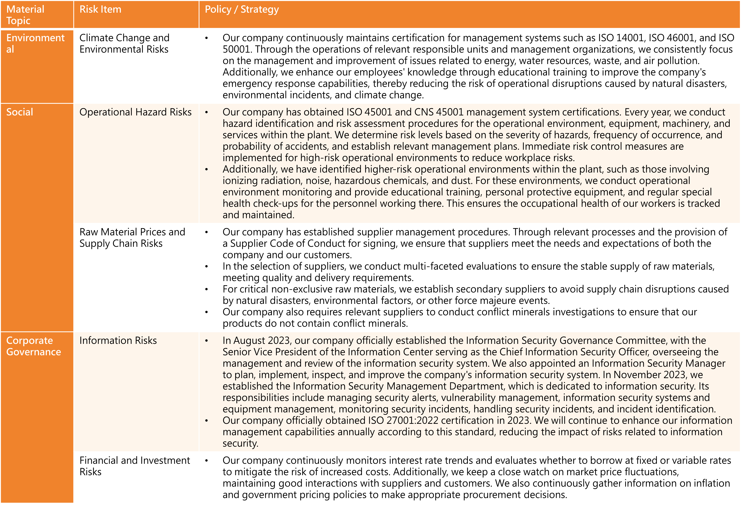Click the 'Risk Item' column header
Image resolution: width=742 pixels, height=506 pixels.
pos(100,10)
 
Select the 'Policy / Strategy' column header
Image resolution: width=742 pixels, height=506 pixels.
pos(242,10)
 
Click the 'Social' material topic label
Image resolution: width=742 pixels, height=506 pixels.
pos(20,112)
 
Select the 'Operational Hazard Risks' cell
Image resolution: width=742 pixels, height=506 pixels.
pos(135,112)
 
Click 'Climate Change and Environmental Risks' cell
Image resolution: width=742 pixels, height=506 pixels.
pos(124,43)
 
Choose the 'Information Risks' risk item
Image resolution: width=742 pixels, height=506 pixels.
pos(118,341)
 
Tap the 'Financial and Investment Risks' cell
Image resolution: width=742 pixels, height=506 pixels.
pos(134,466)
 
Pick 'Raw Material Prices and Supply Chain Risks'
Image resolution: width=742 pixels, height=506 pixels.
pos(132,238)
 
